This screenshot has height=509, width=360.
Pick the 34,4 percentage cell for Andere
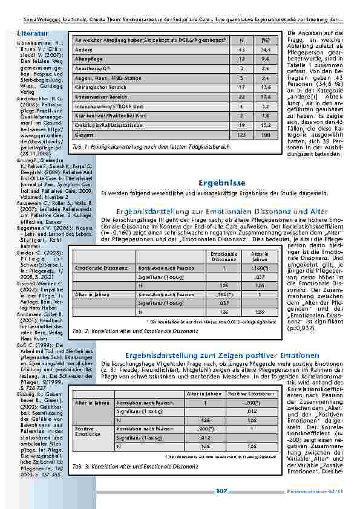[265, 50]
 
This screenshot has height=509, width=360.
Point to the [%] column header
[265, 39]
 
